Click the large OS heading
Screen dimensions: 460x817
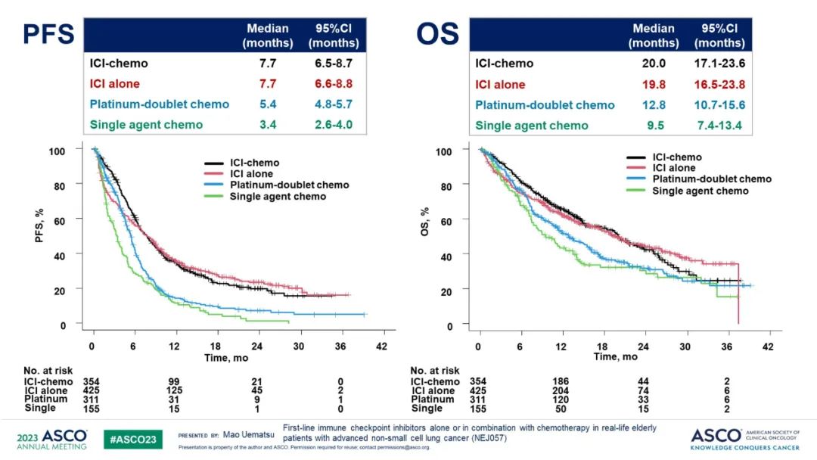coord(437,35)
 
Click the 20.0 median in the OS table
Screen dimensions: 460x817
coord(653,64)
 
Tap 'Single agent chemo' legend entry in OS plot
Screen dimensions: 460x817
coord(700,191)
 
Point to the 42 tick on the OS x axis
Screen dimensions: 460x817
coord(768,346)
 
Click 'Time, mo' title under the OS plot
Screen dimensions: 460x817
coord(616,356)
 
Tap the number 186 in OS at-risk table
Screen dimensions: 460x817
coord(559,382)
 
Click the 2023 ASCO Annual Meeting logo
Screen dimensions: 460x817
coord(52,439)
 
